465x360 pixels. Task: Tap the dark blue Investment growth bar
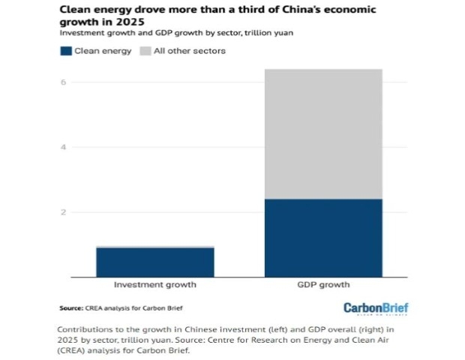(x=154, y=262)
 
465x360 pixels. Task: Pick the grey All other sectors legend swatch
(x=148, y=51)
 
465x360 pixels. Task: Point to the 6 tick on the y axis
(x=64, y=82)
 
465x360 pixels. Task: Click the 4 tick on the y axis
(x=64, y=147)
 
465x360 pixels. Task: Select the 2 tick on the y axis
(x=64, y=212)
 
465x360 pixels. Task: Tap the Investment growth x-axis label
(x=154, y=285)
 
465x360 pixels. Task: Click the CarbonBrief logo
(x=375, y=308)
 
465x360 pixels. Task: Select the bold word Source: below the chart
(x=73, y=308)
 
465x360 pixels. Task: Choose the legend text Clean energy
(x=103, y=51)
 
